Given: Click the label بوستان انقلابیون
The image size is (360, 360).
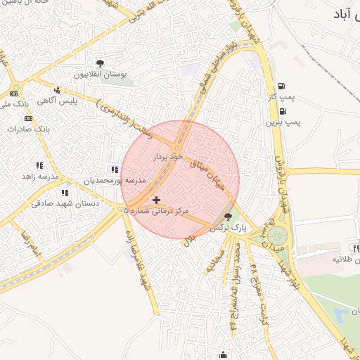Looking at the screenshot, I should click(99, 74).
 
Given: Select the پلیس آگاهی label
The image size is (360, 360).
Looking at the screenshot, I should click(57, 101).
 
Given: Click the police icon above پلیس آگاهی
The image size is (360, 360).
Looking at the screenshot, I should click(57, 90).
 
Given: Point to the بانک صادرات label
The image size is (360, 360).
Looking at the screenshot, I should click(33, 129).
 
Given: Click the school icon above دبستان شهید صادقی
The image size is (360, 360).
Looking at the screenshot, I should click(65, 193).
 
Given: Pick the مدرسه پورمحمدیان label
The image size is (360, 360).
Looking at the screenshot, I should click(115, 181).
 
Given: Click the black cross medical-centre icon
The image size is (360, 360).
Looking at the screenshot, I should click(156, 200).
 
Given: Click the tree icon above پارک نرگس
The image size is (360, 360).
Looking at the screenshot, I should click(227, 217).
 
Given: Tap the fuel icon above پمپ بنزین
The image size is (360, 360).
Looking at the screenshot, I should click(283, 111).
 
